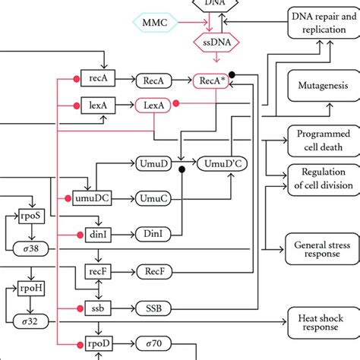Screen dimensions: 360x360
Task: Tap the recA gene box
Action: tap(97, 79)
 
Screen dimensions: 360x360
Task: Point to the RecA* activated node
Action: tap(213, 80)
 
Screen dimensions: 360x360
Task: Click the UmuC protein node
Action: tap(153, 197)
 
